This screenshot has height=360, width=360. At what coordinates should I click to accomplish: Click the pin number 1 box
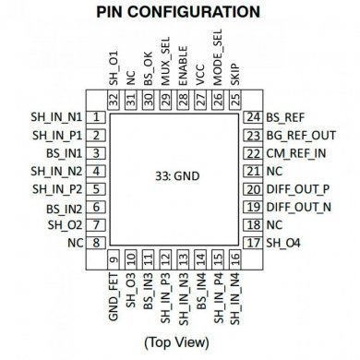tap(96, 117)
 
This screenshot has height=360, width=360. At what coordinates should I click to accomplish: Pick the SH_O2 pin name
tap(68, 224)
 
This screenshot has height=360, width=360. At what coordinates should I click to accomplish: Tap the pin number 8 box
tap(96, 242)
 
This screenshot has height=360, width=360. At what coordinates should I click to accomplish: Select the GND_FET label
tap(114, 288)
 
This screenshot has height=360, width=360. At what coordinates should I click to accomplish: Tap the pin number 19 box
tap(253, 207)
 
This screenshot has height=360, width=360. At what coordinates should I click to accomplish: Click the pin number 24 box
tap(253, 117)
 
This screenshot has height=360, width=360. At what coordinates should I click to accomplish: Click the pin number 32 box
tap(114, 100)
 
